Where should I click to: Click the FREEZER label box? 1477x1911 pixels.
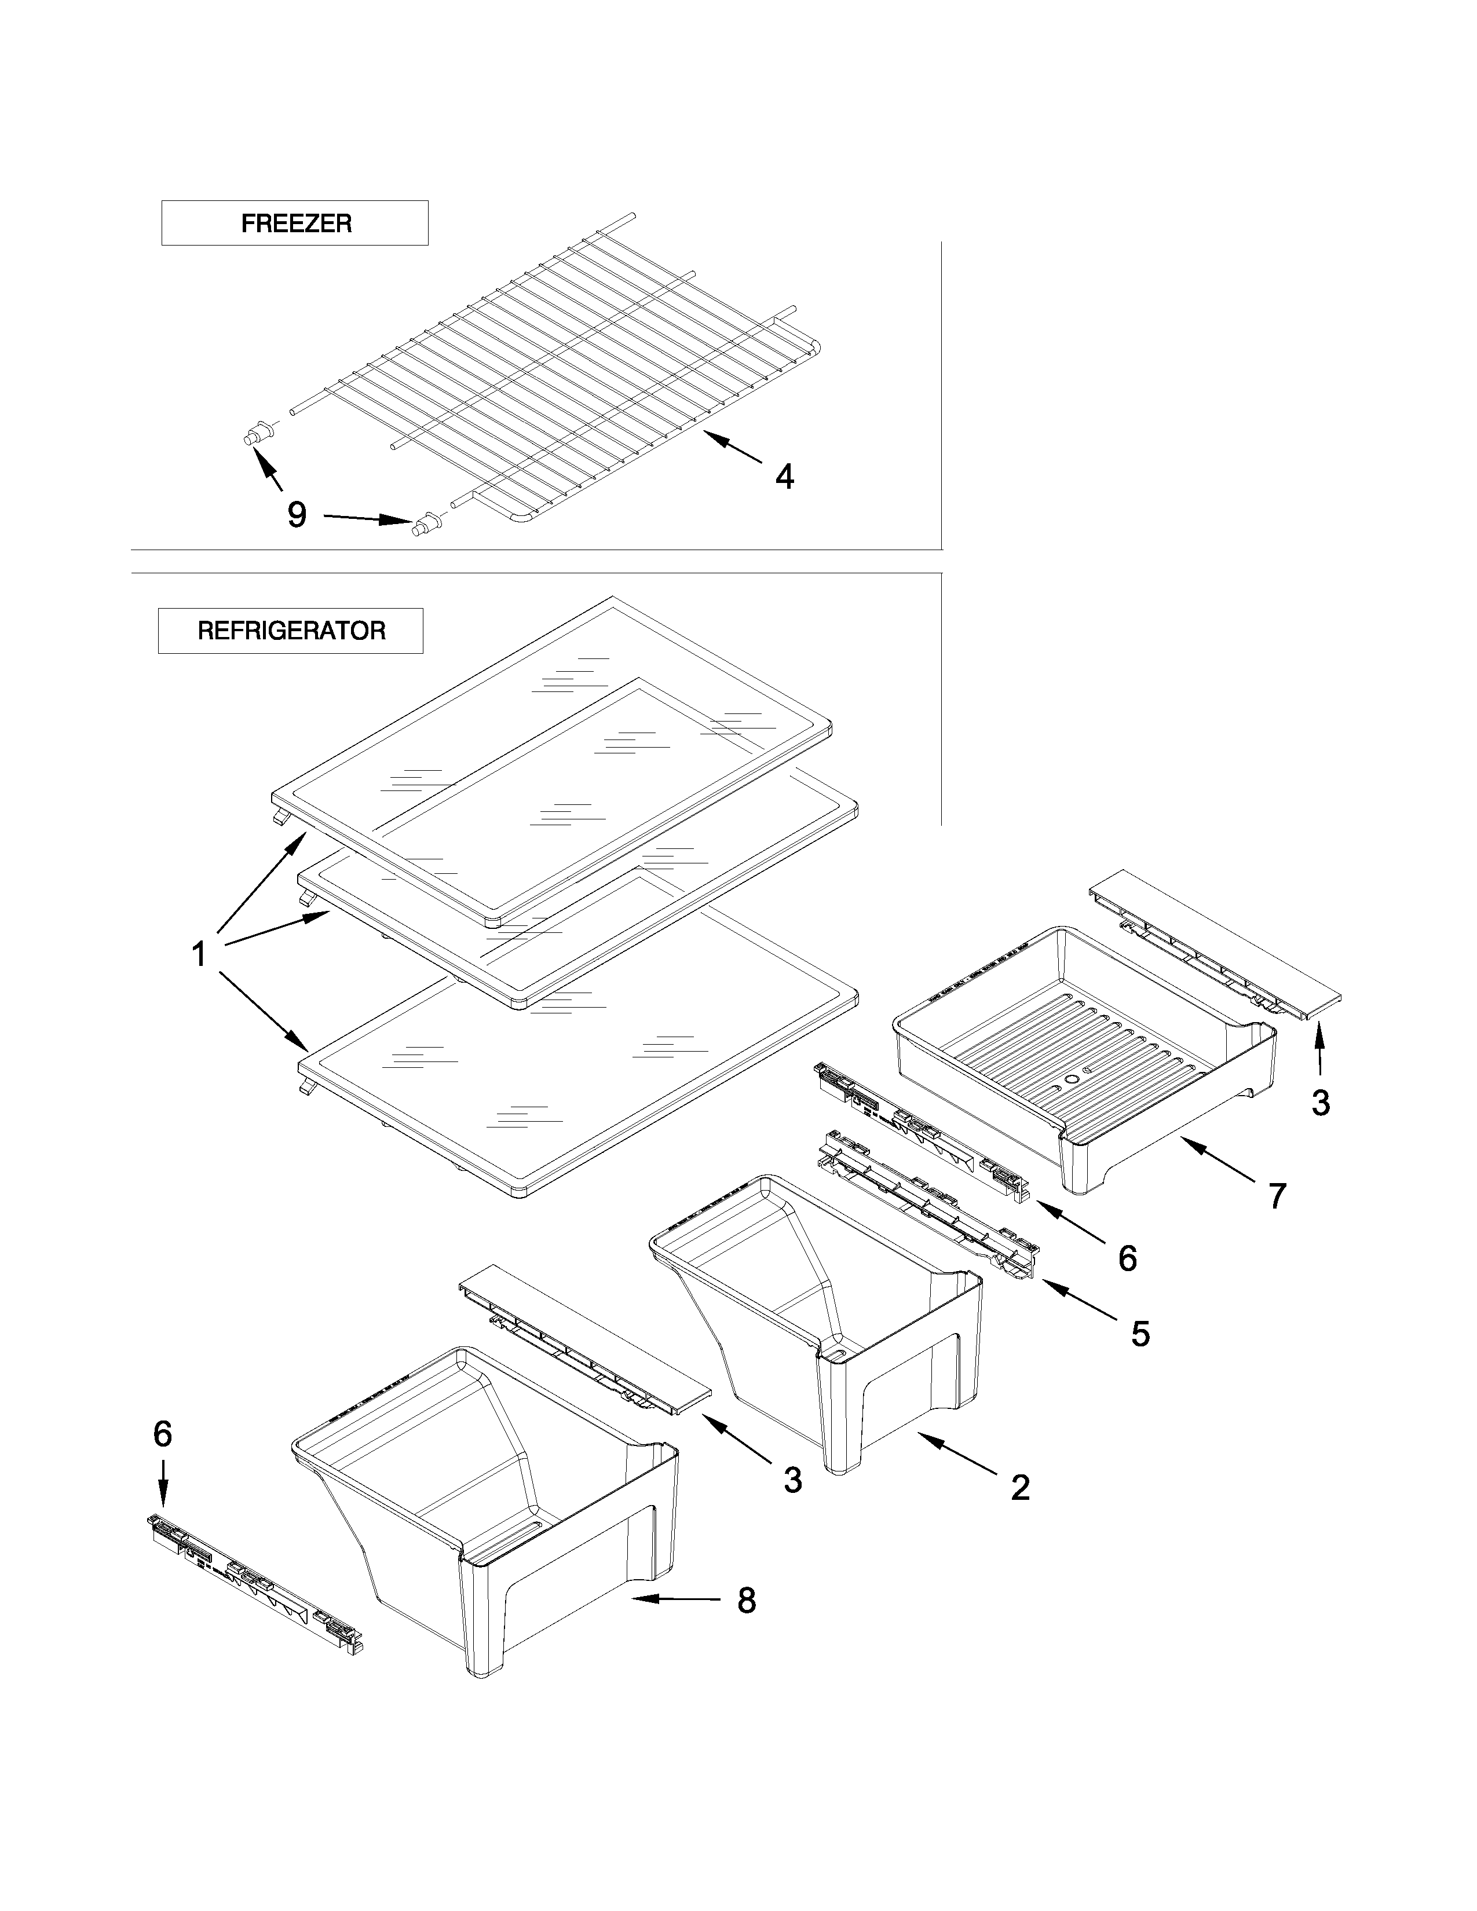295,223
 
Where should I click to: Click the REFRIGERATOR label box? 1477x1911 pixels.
291,631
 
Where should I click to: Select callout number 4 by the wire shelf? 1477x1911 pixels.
785,477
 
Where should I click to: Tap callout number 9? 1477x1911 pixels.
297,514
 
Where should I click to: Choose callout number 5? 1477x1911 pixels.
1140,1334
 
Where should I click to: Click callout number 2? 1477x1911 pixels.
1020,1488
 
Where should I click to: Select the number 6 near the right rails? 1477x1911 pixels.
1127,1258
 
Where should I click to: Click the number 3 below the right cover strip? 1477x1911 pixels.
1321,1103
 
